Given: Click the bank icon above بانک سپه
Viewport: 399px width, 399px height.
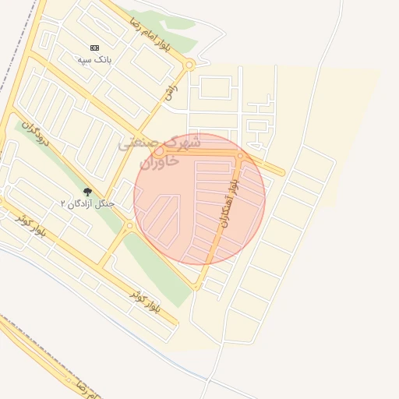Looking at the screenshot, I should (95, 48).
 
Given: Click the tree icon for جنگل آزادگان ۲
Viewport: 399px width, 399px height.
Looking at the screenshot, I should (87, 192).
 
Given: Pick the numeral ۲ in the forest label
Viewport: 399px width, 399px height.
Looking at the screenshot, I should (64, 204).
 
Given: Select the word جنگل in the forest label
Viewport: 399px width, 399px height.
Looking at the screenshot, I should (104, 204).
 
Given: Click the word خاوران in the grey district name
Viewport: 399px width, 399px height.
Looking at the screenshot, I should (159, 161).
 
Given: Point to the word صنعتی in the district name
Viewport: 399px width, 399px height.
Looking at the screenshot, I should (140, 144).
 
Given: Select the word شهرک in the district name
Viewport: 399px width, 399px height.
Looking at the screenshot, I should (184, 143).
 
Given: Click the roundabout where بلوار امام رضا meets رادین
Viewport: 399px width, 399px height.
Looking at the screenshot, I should (190, 66).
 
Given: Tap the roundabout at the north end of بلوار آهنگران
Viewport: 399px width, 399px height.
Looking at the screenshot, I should (241, 157).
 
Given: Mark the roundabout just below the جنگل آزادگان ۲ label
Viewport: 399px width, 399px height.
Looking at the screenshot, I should (129, 226).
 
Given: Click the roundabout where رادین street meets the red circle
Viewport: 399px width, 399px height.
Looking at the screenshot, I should (159, 150).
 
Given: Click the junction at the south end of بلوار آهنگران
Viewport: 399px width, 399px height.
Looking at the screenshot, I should (196, 286).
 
